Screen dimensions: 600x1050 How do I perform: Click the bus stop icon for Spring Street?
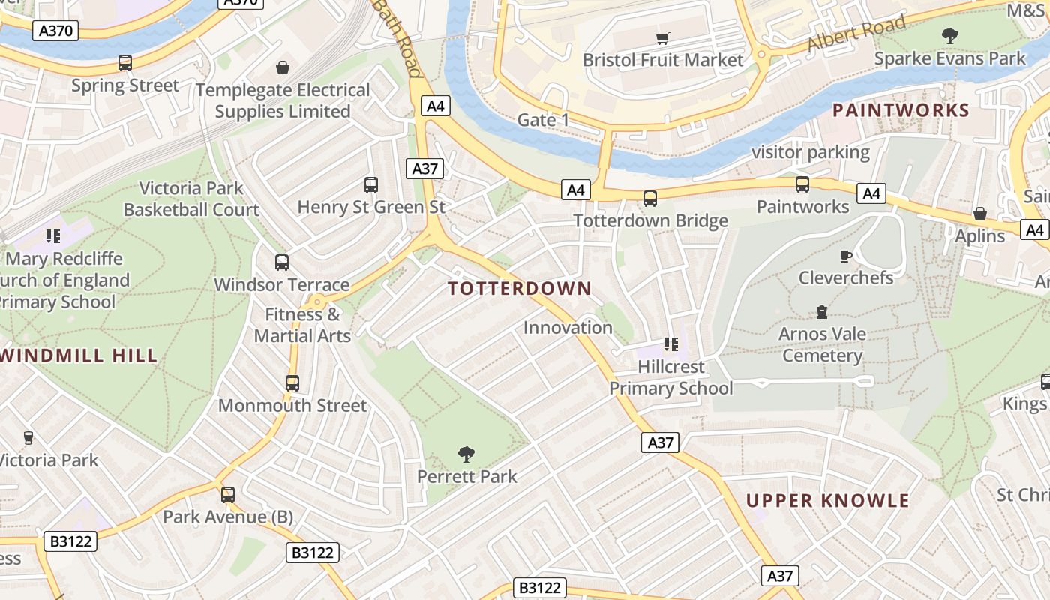(x=125, y=63)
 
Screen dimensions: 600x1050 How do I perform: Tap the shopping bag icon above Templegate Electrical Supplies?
(x=283, y=68)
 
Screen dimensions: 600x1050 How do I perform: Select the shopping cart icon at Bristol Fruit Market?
(x=662, y=38)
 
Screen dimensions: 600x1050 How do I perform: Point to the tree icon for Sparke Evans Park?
(x=949, y=35)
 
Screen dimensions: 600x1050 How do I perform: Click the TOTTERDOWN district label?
(x=520, y=288)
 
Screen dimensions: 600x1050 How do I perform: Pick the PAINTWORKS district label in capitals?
(x=901, y=110)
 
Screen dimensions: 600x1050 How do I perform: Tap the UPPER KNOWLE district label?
(x=827, y=501)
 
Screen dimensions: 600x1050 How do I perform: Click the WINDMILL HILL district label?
(x=79, y=355)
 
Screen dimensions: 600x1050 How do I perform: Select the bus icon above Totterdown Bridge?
(x=650, y=199)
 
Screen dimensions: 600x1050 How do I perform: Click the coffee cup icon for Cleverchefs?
(x=845, y=256)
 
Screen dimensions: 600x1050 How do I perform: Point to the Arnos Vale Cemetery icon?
(x=822, y=312)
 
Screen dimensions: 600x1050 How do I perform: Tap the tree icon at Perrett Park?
(x=466, y=454)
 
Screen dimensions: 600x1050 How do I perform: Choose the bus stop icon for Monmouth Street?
(x=292, y=383)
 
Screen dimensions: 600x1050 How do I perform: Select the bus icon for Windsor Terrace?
(x=282, y=262)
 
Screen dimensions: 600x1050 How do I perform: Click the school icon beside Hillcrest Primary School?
(x=671, y=344)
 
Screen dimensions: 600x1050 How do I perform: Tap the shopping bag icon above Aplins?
(x=979, y=214)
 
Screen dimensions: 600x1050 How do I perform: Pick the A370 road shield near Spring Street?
(x=56, y=31)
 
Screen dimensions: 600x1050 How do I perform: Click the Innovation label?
(x=568, y=328)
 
